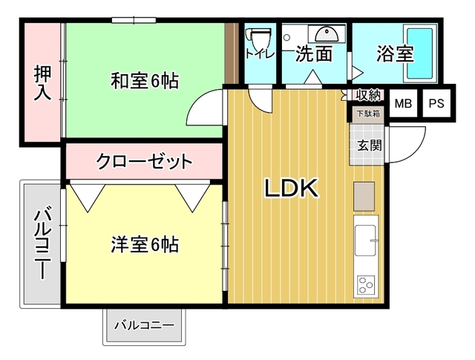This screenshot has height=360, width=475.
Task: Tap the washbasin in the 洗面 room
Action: (327, 35)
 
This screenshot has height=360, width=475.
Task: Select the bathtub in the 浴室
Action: (419, 53)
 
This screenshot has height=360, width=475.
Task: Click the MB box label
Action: (403, 104)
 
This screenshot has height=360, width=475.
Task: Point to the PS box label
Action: (436, 104)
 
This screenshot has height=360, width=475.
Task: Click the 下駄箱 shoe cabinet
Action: (368, 114)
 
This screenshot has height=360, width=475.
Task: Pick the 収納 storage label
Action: (368, 95)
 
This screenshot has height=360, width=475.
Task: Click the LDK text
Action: (292, 189)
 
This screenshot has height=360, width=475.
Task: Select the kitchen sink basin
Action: (365, 240)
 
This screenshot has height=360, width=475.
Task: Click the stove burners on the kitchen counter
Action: (366, 285)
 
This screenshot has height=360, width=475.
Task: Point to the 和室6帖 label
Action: (145, 81)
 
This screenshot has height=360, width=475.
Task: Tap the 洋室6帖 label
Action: (145, 244)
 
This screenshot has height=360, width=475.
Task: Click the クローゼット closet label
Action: (144, 161)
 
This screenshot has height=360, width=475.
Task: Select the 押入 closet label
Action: (43, 82)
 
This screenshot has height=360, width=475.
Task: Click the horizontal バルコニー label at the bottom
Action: (144, 326)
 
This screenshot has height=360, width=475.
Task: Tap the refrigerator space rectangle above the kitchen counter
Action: (364, 197)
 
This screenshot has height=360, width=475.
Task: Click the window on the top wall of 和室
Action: (134, 20)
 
